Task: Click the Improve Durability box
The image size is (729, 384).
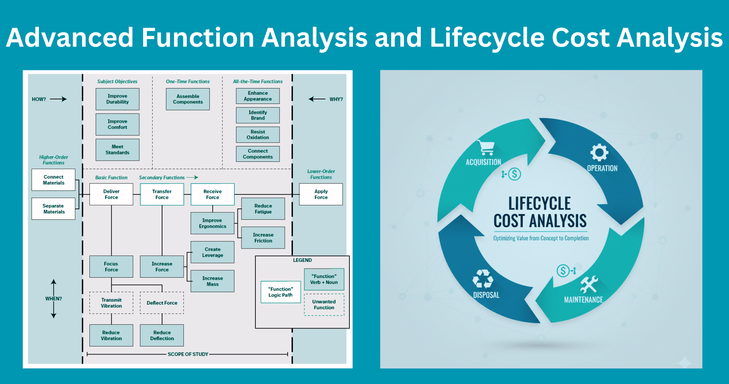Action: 118,99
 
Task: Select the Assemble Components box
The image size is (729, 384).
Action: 188,99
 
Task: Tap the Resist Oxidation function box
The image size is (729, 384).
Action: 258,134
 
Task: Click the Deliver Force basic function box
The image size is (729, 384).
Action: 111,194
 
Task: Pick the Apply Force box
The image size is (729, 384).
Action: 321,194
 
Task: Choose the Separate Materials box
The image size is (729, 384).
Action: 54,209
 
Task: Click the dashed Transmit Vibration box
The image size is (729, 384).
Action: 111,303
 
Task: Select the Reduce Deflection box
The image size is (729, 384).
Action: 162,335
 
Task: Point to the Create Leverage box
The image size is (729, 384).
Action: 213,252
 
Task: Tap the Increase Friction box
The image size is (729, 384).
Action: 263,238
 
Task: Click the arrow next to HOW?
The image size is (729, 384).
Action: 58,99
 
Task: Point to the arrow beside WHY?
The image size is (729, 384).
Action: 317,99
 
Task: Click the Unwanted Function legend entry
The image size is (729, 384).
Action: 324,305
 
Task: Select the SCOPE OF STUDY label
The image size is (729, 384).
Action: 188,354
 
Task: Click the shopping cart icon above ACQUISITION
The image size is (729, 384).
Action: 486,148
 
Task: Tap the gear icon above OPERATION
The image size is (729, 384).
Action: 599,152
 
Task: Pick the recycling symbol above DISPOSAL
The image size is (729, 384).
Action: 483,279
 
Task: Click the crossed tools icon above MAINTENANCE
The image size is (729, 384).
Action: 589,284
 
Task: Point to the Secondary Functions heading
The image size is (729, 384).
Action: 162,178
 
